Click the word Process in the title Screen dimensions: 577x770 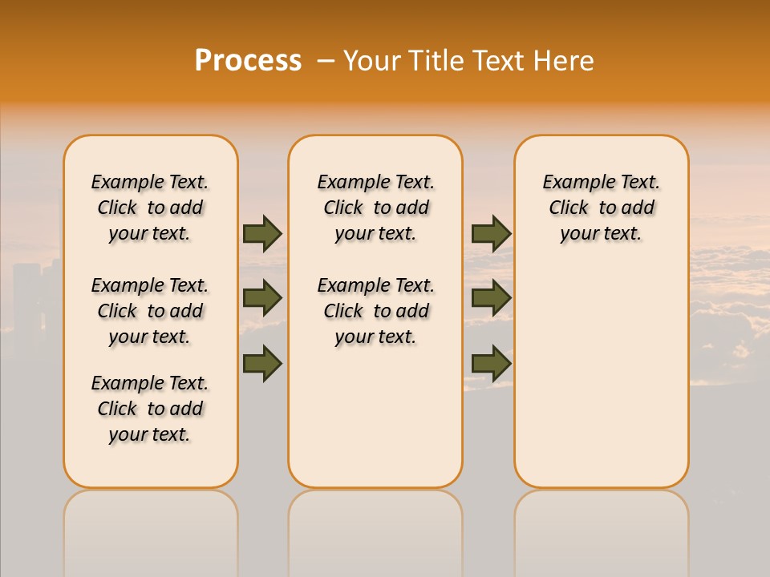248,61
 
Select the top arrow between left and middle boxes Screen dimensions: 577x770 262,233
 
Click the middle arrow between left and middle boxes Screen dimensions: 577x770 262,298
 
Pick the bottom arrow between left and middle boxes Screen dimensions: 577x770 262,363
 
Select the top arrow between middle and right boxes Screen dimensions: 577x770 491,233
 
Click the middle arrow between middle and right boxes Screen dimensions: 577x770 491,298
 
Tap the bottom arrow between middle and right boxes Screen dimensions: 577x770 491,363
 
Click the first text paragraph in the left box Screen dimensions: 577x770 150,208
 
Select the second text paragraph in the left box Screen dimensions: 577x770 150,311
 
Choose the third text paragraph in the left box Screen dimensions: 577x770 150,409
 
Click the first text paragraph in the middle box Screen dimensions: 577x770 375,208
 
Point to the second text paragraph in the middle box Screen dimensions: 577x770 375,311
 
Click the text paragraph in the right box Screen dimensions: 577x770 601,208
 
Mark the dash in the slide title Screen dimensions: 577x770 326,61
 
